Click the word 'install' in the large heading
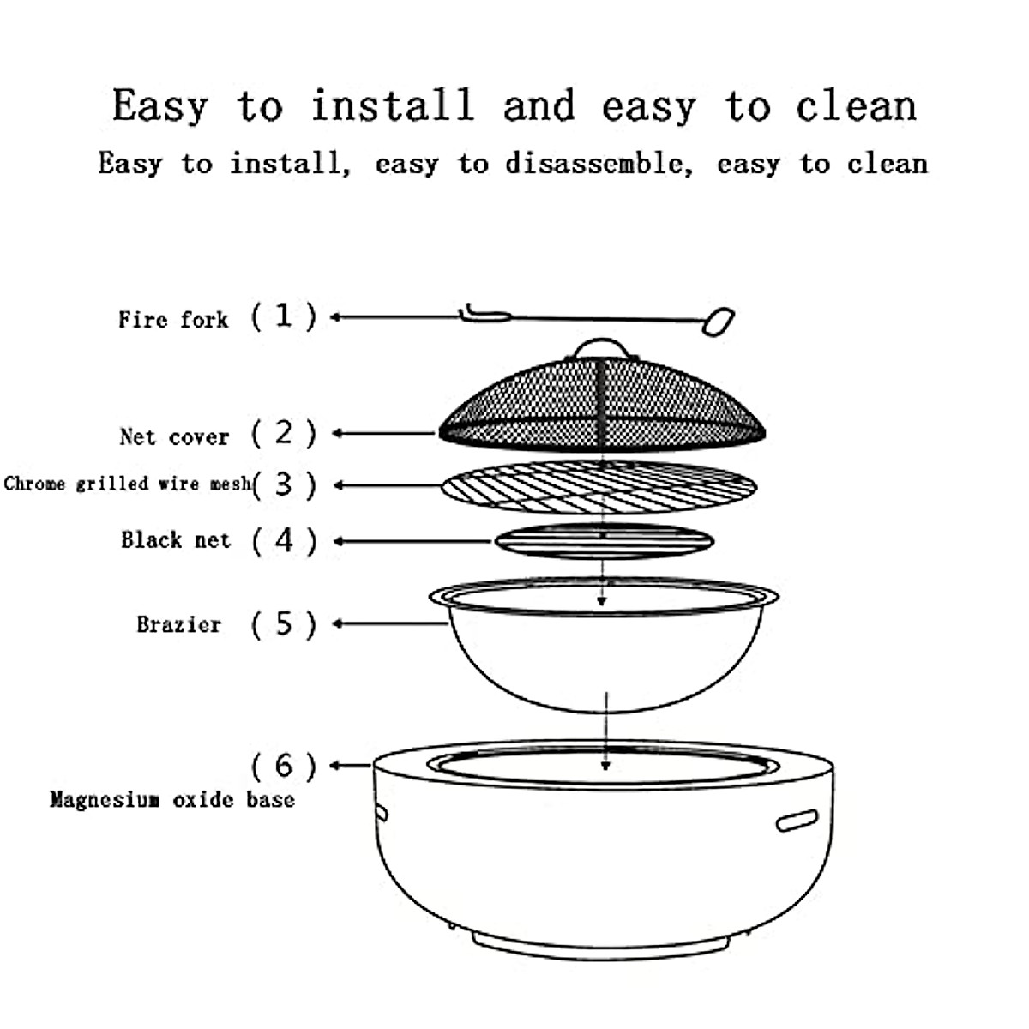(x=392, y=106)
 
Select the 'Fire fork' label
(x=173, y=320)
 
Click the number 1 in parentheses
(x=284, y=316)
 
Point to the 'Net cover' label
(x=174, y=437)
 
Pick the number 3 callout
(x=284, y=484)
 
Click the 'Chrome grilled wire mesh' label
(x=126, y=484)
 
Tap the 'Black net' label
(x=176, y=540)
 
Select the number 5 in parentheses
(x=284, y=624)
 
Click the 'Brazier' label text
(x=178, y=624)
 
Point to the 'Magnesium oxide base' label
(x=171, y=800)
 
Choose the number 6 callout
(x=284, y=765)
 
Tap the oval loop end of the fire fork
(x=719, y=322)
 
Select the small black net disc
(x=604, y=542)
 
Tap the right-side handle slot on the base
(x=797, y=821)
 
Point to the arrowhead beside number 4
(x=339, y=541)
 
